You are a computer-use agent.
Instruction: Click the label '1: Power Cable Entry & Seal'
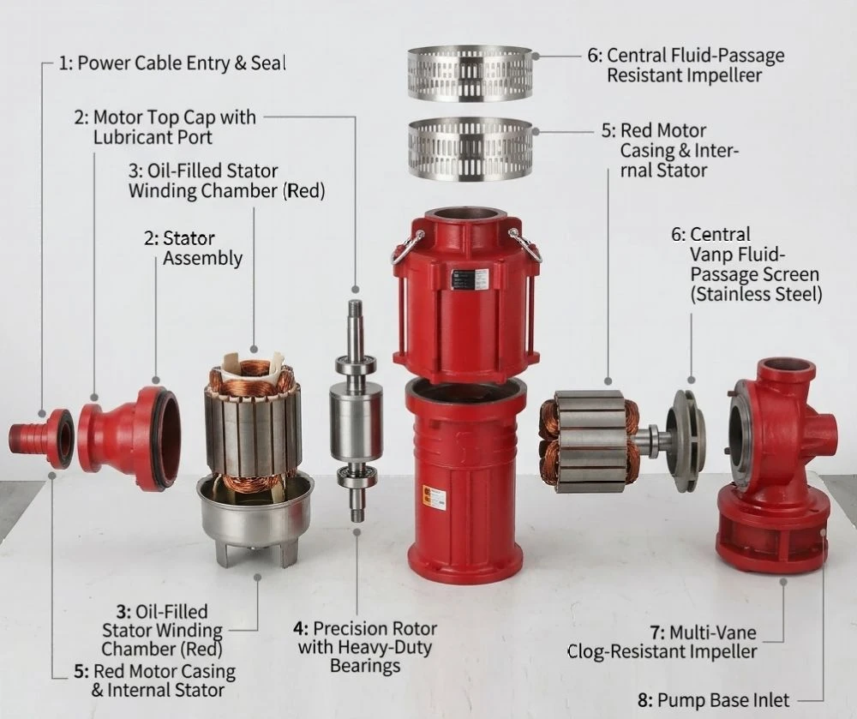(172, 63)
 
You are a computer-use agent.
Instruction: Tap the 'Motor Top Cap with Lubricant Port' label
(165, 127)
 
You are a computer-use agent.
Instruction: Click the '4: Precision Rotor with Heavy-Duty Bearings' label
(365, 647)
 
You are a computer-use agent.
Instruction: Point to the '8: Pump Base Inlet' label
(713, 700)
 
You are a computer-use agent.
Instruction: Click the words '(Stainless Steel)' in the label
(756, 295)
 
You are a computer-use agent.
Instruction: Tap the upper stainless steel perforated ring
(470, 74)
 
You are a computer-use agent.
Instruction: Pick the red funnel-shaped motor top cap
(129, 439)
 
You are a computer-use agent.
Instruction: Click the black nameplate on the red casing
(470, 279)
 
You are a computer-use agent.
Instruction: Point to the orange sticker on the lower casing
(434, 497)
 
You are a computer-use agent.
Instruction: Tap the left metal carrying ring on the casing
(407, 248)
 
